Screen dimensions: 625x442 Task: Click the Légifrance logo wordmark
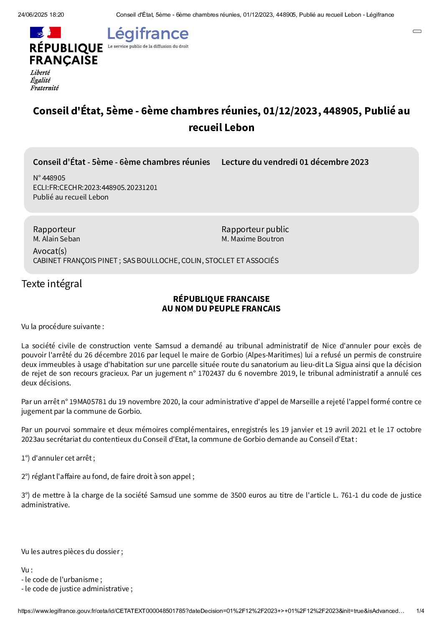pos(148,34)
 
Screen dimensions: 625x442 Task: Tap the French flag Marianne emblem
pos(46,33)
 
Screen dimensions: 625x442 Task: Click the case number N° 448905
pos(49,178)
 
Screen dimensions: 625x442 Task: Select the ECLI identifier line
pos(95,187)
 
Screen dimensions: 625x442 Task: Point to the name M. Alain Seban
pos(56,239)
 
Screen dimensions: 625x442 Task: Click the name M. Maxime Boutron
pos(253,239)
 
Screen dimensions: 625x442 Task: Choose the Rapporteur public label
pos(255,229)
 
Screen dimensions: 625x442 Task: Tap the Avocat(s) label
pos(50,251)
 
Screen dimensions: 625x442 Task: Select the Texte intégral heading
pos(52,284)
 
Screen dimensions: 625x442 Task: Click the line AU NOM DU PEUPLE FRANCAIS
pos(221,309)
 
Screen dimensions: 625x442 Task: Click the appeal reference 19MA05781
pos(88,402)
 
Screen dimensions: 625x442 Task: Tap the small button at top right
pos(417,31)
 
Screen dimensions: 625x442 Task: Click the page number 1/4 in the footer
pos(420,611)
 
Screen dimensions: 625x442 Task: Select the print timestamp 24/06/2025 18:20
pos(41,15)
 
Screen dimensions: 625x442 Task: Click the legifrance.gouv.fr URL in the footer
pos(211,611)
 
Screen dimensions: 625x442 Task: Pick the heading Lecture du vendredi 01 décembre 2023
pos(295,162)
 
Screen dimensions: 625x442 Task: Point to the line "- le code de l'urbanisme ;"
pos(62,579)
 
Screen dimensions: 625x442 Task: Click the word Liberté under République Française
pos(40,73)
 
